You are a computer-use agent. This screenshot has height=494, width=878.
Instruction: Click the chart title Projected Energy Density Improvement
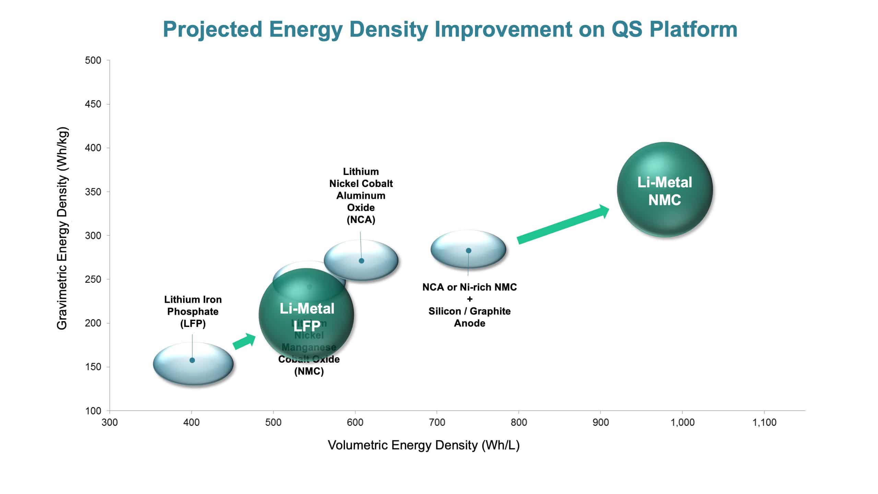click(x=450, y=29)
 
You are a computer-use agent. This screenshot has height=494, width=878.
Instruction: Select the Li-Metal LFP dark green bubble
click(x=306, y=315)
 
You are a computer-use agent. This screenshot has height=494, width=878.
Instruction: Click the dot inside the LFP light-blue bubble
click(x=192, y=360)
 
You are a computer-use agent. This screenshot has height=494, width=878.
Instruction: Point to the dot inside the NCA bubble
click(x=361, y=261)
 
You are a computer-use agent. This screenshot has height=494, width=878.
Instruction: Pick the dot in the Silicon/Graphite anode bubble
click(x=468, y=250)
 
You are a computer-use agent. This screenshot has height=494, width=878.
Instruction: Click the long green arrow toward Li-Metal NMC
click(x=562, y=225)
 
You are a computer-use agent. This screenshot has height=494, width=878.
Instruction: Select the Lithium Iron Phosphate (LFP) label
click(x=193, y=311)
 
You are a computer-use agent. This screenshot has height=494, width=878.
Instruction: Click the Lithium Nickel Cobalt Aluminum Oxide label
click(x=361, y=196)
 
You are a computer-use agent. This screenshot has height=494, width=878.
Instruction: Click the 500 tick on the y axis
click(x=93, y=60)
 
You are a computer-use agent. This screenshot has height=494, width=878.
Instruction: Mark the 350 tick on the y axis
click(x=93, y=192)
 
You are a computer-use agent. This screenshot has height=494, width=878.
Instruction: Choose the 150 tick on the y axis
click(x=93, y=367)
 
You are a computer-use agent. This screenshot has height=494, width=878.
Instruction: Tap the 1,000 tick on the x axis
click(x=682, y=422)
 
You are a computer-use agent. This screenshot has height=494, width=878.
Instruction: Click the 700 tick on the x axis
click(x=437, y=422)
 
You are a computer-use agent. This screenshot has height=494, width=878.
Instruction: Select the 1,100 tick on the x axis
click(x=764, y=422)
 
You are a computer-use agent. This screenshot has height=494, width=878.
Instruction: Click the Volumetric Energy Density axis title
click(x=424, y=445)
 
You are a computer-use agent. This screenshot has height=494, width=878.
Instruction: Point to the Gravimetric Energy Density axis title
click(x=62, y=228)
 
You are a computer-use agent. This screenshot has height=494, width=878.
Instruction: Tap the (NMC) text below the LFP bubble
click(x=309, y=372)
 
